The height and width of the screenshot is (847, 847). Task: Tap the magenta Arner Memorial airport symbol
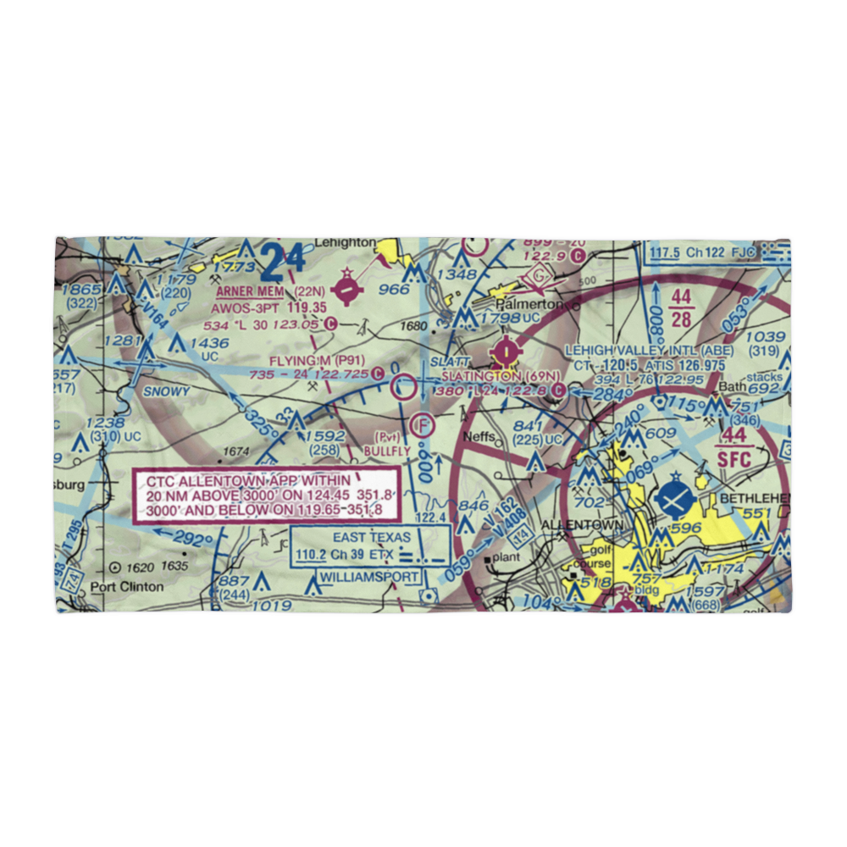coord(347,288)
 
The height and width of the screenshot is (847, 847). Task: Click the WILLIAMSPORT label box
coord(369,577)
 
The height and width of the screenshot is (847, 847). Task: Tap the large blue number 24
coord(282,262)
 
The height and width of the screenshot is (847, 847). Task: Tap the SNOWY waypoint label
coord(166,392)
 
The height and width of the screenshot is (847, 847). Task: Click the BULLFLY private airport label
coord(386,452)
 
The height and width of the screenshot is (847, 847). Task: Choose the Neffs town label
coord(479,430)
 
